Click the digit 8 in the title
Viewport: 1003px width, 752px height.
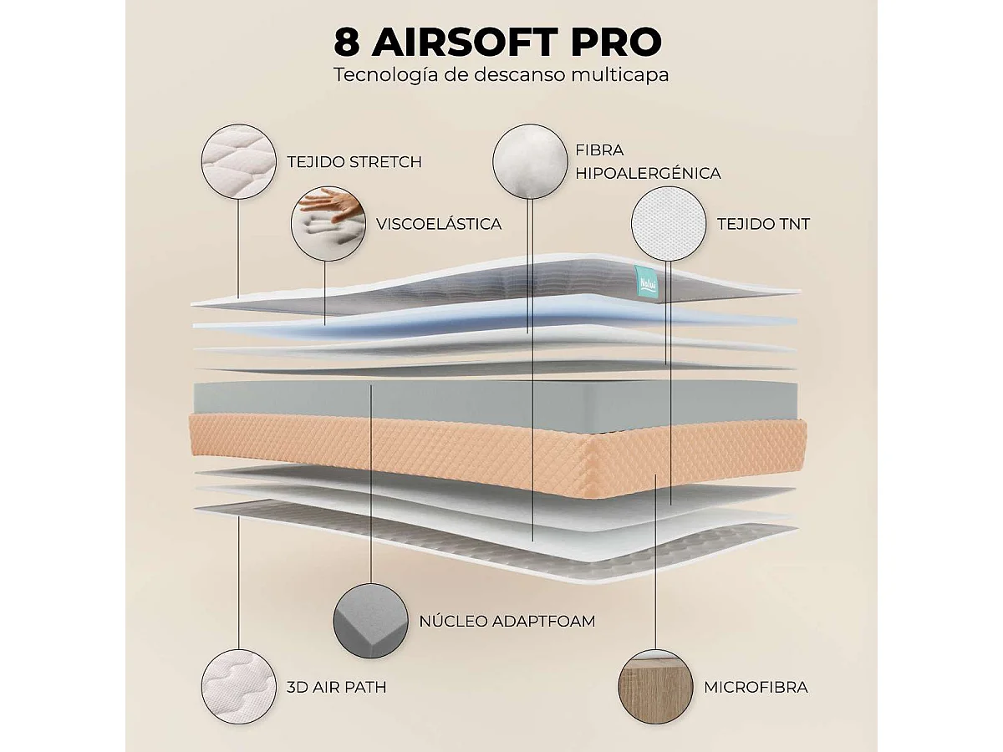point(346,42)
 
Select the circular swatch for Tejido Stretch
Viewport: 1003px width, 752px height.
point(238,161)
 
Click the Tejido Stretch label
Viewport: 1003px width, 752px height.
point(354,162)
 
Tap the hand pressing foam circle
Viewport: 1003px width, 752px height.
point(328,223)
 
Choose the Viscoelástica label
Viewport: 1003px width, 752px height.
point(439,224)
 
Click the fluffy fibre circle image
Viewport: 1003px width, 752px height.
point(530,161)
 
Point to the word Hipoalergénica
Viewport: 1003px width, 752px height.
point(648,174)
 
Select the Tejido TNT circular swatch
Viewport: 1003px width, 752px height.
point(669,223)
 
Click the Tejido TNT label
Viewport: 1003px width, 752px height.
point(764,224)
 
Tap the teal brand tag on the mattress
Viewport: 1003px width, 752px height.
point(645,283)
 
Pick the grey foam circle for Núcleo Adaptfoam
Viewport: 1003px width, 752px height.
point(371,621)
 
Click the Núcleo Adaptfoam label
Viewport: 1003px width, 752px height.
point(507,621)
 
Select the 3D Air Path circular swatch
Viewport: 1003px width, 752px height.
point(238,687)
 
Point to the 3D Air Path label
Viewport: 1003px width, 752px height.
point(336,687)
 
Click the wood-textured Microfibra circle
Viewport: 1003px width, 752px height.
point(655,687)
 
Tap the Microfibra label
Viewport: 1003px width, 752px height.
point(756,687)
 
